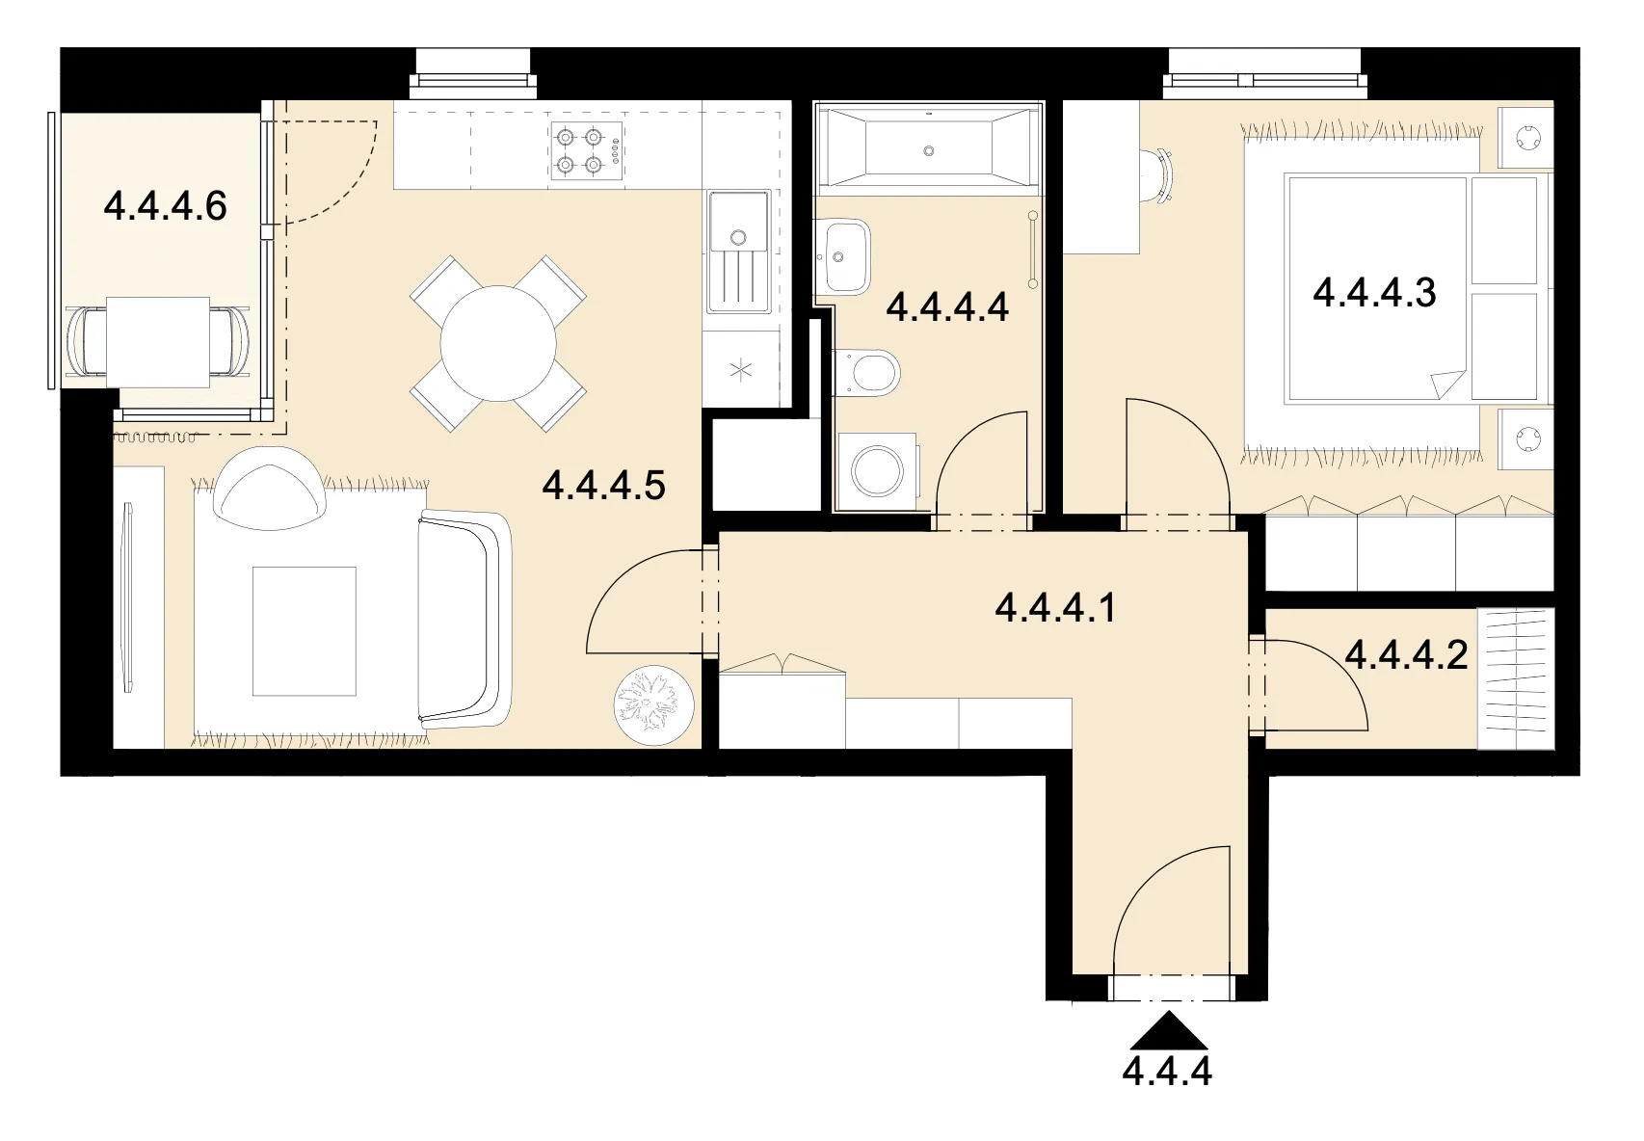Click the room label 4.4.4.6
(165, 206)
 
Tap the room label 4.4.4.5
(604, 485)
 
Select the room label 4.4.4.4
(947, 306)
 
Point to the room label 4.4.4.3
(1374, 292)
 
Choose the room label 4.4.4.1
(1056, 607)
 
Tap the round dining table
(498, 343)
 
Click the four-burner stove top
(587, 151)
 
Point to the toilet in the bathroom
(866, 372)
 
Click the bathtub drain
(928, 151)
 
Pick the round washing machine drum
(877, 471)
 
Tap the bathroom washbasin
(843, 256)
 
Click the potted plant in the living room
(653, 705)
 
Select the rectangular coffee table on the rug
(305, 631)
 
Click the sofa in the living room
(464, 620)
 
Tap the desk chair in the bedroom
(1158, 176)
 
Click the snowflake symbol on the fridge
(740, 370)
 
